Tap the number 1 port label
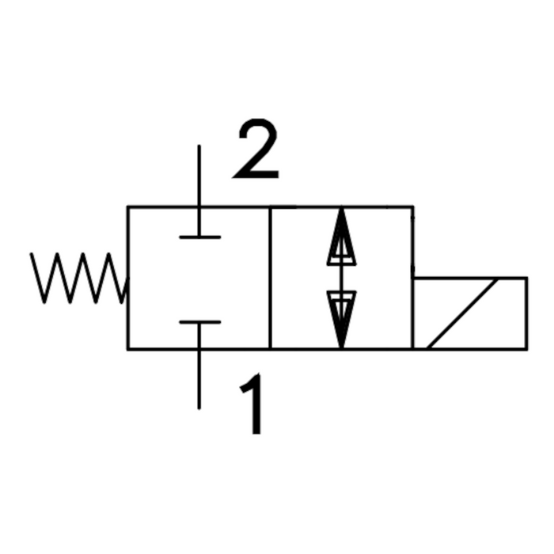point(252,406)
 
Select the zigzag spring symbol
point(78,278)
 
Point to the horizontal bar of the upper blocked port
point(199,236)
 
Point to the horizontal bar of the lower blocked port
point(199,322)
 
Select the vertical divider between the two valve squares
point(271,278)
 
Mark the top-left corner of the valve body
point(128,207)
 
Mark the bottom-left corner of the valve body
point(128,348)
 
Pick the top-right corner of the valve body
point(412,207)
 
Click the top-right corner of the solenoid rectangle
point(526,278)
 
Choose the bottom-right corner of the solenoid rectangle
point(526,348)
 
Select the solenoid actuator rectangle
point(469,313)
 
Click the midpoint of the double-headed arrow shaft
point(341,278)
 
